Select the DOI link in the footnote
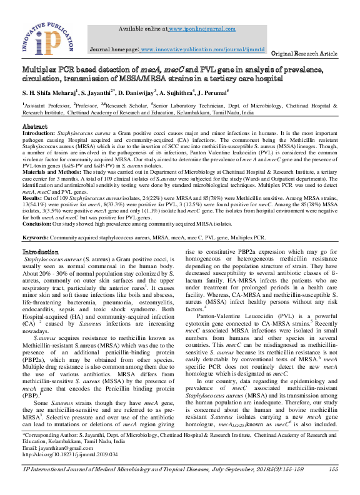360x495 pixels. coord(69,472)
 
